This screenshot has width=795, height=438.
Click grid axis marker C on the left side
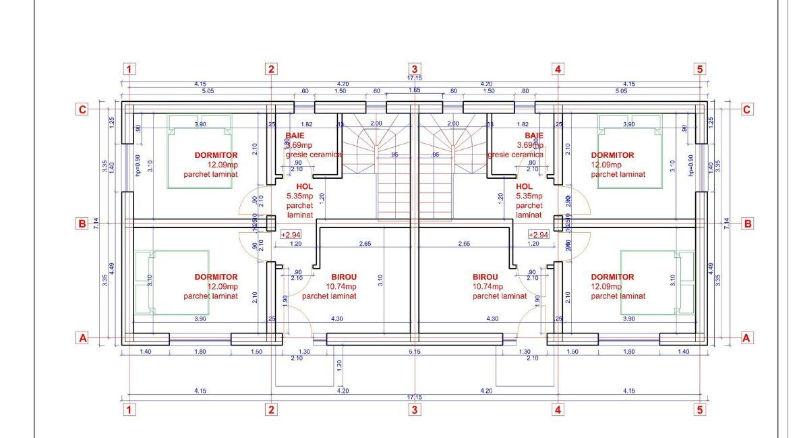[82, 109]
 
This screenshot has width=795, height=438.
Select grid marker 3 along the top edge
[414, 69]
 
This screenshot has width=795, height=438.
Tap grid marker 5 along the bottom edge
[699, 409]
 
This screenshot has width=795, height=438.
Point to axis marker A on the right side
[746, 338]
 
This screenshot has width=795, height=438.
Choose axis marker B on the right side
[746, 223]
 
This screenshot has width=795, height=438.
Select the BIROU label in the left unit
[344, 277]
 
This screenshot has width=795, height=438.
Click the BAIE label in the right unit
[534, 136]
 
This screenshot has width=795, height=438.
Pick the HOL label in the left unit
[295, 187]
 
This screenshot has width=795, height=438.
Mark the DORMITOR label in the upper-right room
[612, 155]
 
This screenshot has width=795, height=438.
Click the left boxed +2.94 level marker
[291, 235]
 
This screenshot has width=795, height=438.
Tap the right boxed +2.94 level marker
[538, 235]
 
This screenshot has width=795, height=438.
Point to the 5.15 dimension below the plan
[414, 352]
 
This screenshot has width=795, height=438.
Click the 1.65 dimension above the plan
[414, 90]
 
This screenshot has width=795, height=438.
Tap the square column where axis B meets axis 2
[271, 223]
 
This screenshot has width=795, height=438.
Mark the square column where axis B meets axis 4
[558, 223]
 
